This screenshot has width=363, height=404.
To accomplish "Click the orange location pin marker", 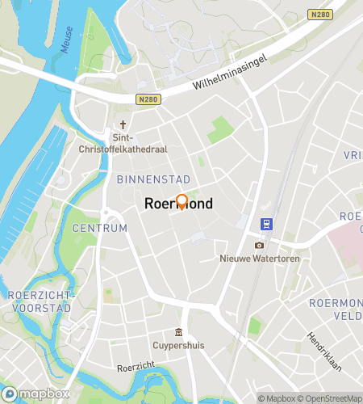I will tap(181, 202).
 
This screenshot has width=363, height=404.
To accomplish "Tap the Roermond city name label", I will tap(178, 204).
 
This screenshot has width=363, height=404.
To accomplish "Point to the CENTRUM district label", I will tap(100, 229).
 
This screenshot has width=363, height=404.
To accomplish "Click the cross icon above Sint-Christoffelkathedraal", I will tap(123, 125).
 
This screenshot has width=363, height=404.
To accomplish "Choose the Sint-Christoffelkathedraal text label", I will tap(123, 144).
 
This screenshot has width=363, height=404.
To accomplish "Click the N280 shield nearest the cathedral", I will tap(148, 99).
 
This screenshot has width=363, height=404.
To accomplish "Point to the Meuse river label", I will tap(67, 40).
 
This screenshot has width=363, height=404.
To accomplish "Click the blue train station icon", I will tap(264, 224).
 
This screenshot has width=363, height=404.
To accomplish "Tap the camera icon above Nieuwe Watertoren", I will tap(259, 245).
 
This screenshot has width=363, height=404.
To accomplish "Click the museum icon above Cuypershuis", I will tap(177, 333).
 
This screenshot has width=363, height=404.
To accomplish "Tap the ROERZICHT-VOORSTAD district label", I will tap(41, 301).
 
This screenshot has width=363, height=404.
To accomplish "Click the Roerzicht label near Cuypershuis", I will tap(135, 367).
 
